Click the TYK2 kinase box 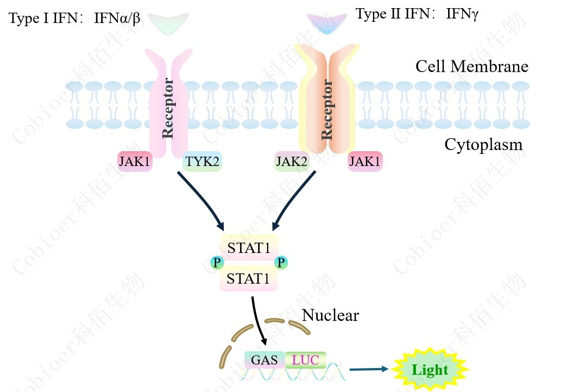203,161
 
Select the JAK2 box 292,161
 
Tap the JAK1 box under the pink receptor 135,161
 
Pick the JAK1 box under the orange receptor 365,161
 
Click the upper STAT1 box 249,248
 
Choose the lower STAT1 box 248,279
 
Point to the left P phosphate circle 217,263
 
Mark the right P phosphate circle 281,263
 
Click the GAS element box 265,359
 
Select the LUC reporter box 305,359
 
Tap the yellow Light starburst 430,370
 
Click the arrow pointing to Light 369,369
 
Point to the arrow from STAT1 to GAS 258,321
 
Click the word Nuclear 330,315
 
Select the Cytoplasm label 483,145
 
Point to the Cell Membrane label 471,66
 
